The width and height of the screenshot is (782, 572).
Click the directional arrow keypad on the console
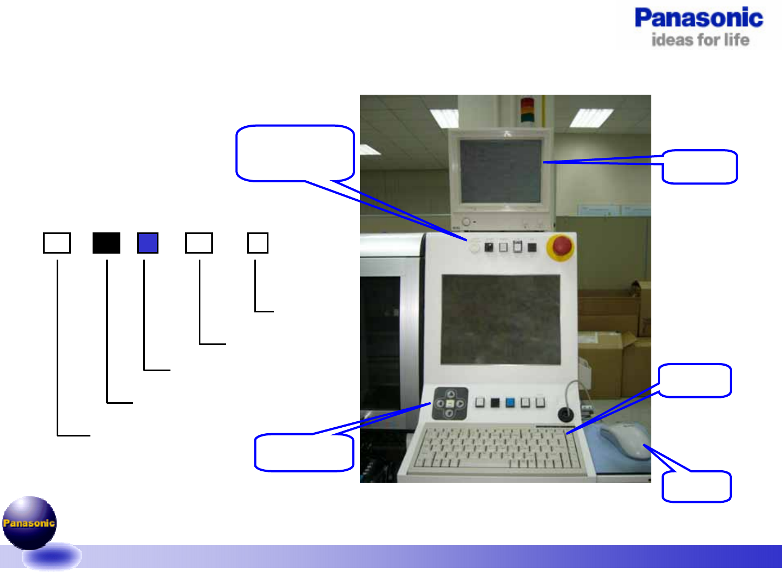[x=450, y=403]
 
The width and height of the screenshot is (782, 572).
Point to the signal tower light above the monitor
[x=528, y=109]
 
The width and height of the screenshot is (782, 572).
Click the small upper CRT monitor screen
[x=500, y=171]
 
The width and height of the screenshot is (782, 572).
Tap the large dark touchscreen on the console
[x=500, y=319]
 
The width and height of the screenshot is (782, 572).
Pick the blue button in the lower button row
[x=510, y=403]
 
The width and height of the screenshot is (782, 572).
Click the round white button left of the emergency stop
[x=474, y=248]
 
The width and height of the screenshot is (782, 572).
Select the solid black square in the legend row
[x=106, y=243]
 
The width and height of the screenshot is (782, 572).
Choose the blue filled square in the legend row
[x=148, y=243]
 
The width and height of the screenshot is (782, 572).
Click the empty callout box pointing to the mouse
[x=697, y=487]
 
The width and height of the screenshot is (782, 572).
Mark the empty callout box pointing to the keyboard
[x=694, y=380]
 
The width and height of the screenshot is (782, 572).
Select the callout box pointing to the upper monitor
[x=700, y=167]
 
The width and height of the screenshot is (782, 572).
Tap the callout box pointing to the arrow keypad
[x=304, y=452]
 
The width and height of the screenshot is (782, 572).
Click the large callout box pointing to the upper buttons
[x=295, y=153]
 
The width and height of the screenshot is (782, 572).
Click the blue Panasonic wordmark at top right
[x=699, y=18]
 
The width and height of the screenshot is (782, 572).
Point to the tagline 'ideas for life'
[x=700, y=40]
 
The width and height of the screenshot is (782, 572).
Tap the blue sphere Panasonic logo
[x=29, y=522]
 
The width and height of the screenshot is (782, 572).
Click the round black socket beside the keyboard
[x=566, y=415]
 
